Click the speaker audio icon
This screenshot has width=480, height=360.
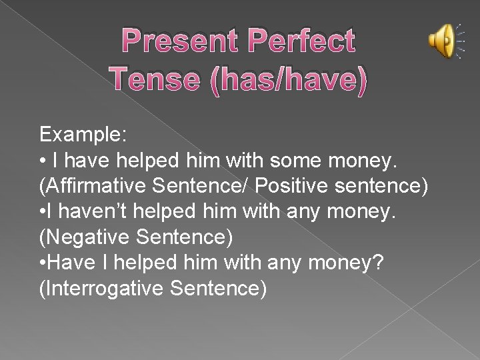442,41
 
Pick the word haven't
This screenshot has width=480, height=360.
91,212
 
